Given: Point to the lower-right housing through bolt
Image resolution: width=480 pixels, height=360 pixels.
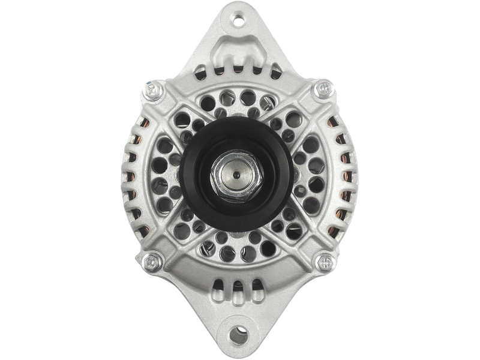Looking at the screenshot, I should [x=325, y=262].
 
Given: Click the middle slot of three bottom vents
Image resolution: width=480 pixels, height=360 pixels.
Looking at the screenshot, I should [x=240, y=287].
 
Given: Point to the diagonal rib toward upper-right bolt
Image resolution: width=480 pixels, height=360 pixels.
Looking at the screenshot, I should [x=297, y=120].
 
